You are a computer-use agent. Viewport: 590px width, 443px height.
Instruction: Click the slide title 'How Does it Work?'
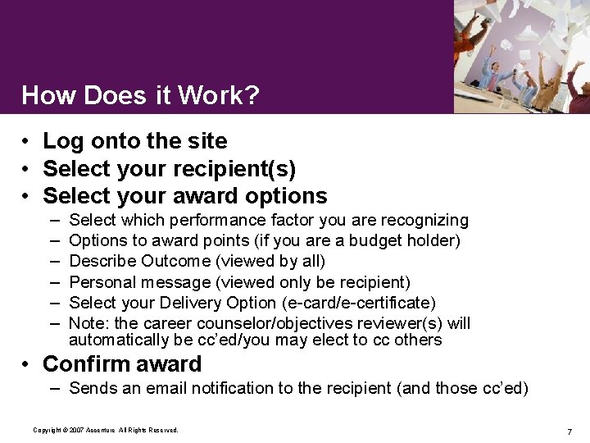click(140, 95)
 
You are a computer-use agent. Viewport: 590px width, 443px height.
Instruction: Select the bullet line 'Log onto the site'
click(134, 141)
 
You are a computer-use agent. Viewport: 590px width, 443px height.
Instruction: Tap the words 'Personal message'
click(130, 282)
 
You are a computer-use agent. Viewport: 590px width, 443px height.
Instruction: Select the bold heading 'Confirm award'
click(122, 363)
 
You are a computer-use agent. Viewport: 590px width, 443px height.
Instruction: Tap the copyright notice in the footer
click(105, 430)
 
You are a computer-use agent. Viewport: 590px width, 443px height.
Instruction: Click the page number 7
click(569, 432)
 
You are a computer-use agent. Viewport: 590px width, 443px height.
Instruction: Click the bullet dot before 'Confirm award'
click(27, 364)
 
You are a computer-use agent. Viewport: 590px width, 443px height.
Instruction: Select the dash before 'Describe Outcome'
click(54, 262)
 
